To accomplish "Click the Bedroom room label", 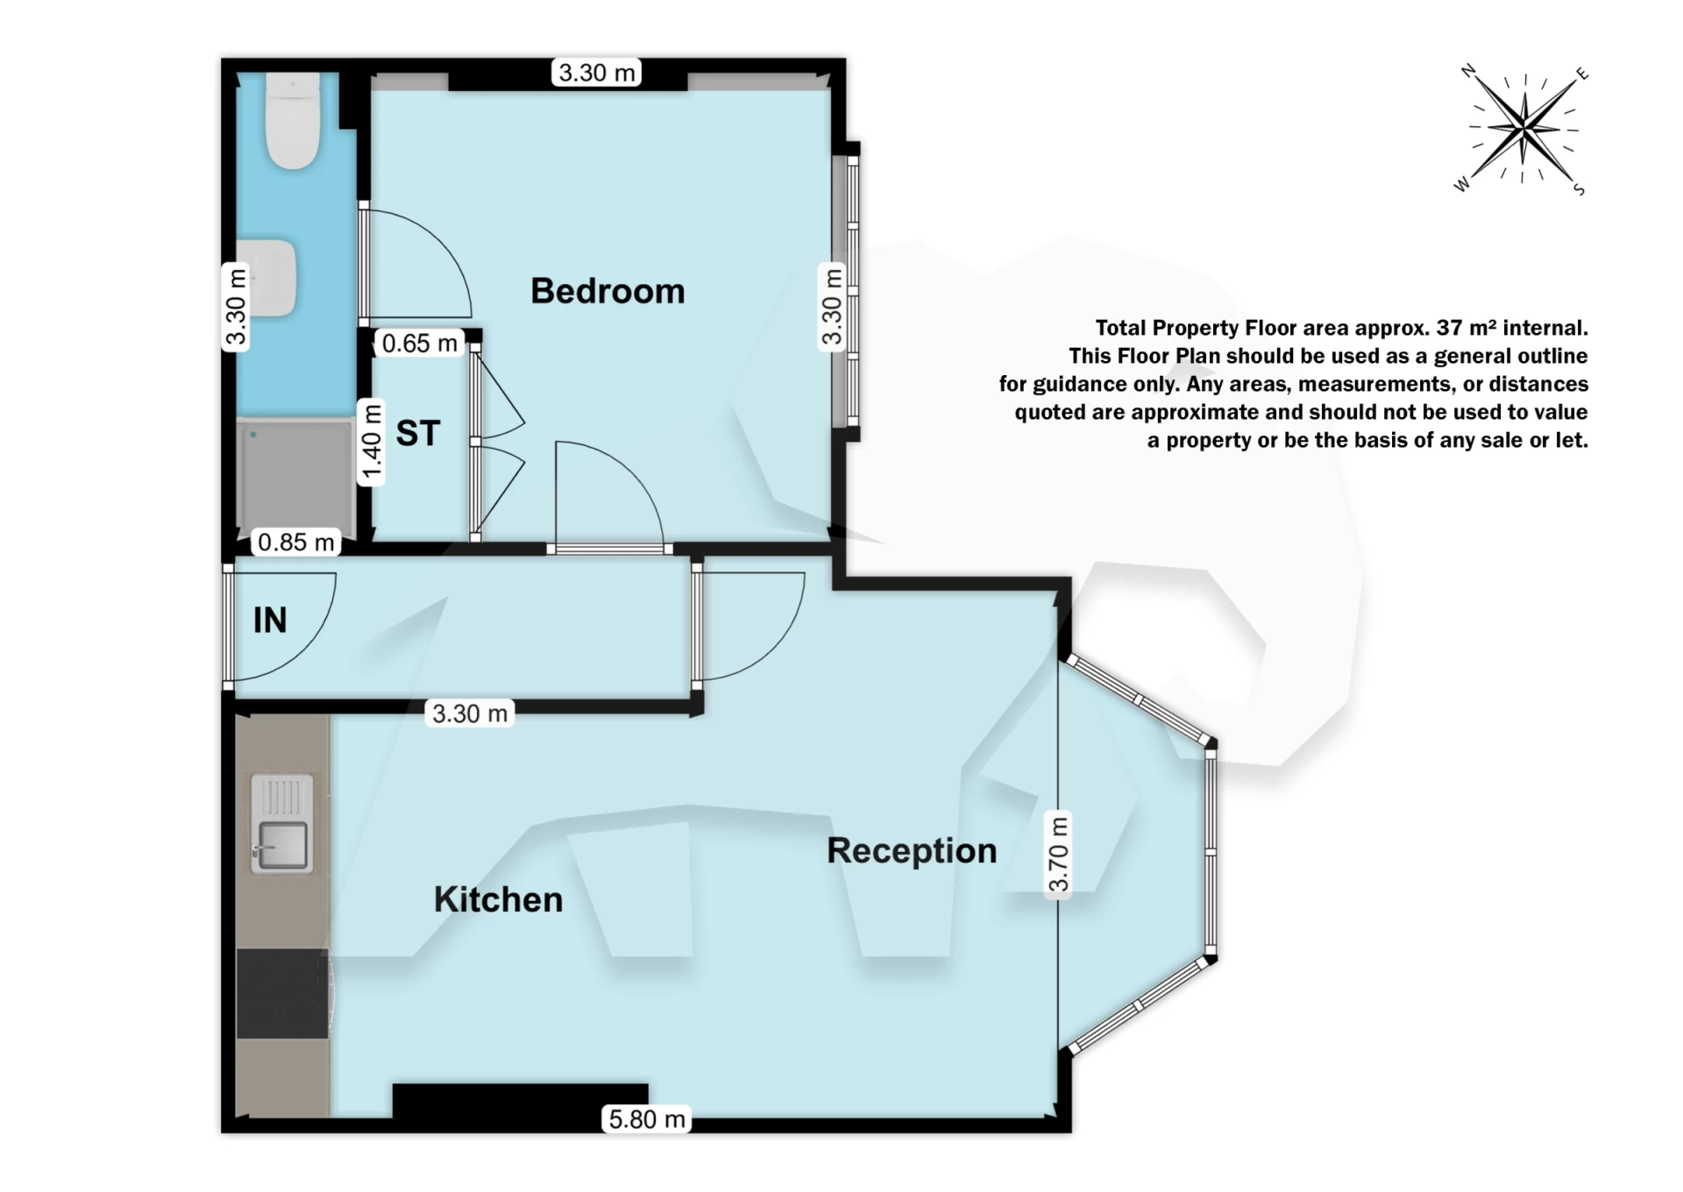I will [x=607, y=291].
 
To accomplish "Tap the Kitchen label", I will [x=498, y=899].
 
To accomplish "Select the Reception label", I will [x=912, y=850].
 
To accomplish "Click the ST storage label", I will [x=417, y=433].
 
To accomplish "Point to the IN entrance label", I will [x=270, y=621].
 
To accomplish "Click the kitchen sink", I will [x=281, y=824].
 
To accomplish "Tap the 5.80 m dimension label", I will [x=647, y=1119].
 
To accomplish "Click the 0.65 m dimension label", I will [x=420, y=344].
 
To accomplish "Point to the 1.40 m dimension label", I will [x=373, y=443].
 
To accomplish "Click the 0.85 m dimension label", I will [x=296, y=543].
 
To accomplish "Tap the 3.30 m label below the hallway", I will [x=470, y=713].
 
